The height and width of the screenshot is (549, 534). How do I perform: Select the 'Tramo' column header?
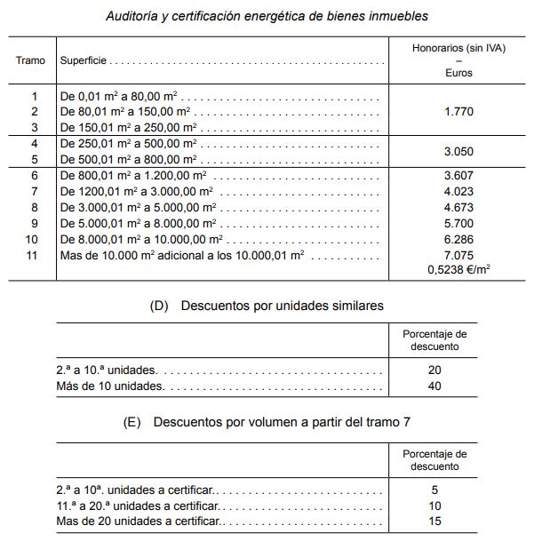click(x=31, y=60)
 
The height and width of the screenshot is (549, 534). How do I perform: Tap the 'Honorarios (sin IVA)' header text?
click(x=458, y=48)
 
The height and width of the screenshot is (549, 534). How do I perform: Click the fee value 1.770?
click(x=458, y=112)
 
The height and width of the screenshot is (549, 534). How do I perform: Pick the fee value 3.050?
click(x=458, y=152)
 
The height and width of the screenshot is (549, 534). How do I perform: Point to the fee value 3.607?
click(x=458, y=176)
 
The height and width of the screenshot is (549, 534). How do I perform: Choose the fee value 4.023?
click(x=458, y=192)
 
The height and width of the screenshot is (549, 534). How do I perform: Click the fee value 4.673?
click(x=458, y=208)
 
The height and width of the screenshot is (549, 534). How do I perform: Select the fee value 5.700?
click(x=458, y=224)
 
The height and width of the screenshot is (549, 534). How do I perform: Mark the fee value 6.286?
click(x=458, y=240)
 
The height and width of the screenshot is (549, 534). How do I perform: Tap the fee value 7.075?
click(x=458, y=256)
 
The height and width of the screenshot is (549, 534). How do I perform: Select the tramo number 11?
click(x=35, y=256)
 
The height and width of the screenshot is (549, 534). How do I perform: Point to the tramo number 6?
click(x=35, y=176)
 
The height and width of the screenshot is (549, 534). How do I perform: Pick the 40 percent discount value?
click(x=434, y=386)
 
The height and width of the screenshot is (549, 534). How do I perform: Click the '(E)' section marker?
click(x=132, y=423)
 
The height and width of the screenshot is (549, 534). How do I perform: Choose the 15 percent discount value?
click(x=434, y=521)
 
